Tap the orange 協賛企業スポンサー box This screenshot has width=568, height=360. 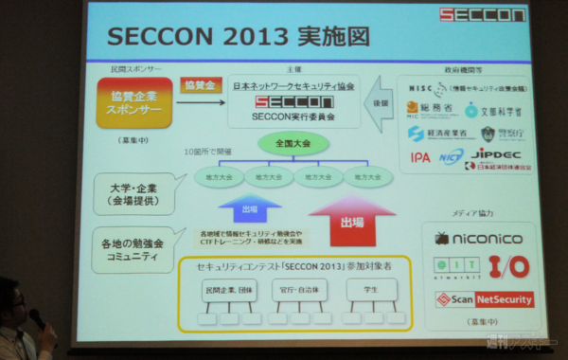[134, 102]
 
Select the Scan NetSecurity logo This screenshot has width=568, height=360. [484, 299]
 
